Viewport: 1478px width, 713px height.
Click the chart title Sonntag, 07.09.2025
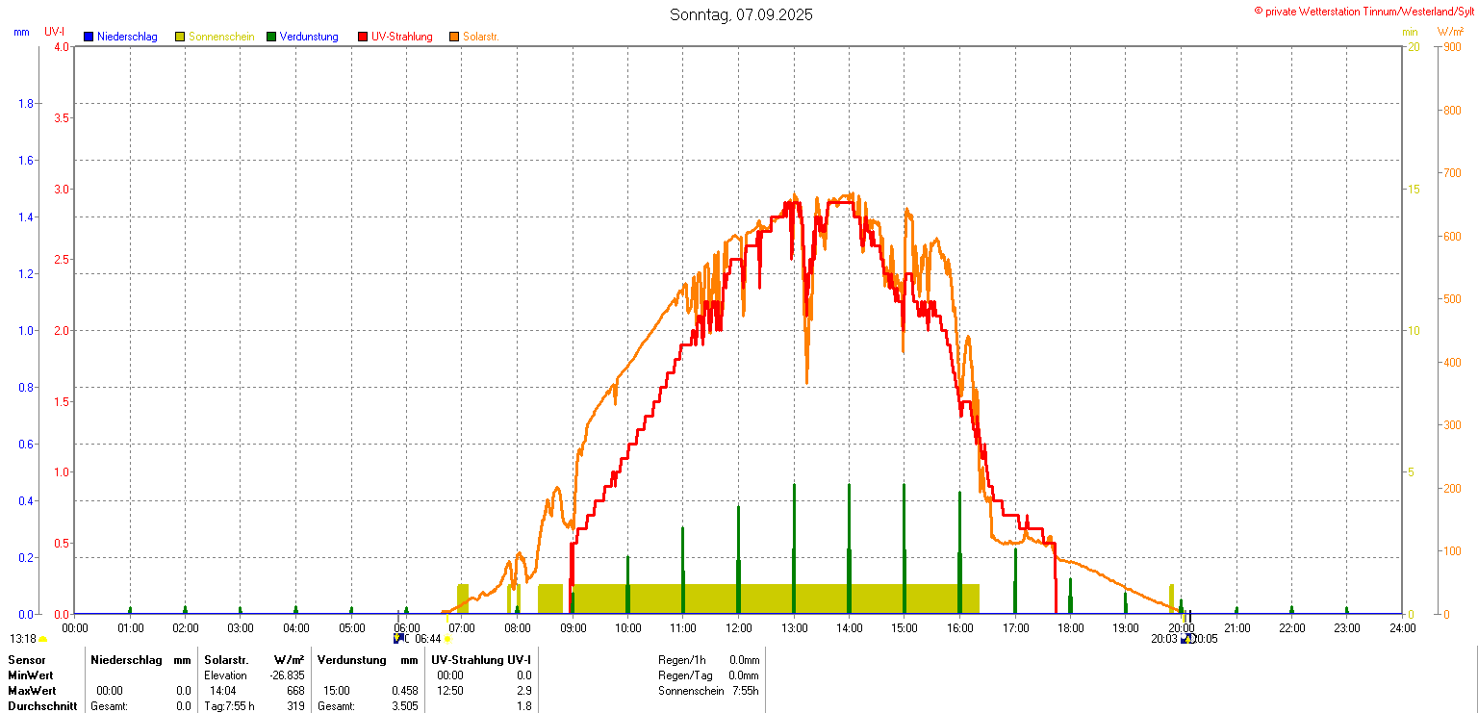[741, 14]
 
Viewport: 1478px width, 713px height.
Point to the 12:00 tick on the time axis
[739, 628]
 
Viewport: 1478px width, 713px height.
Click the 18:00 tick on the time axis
[1071, 628]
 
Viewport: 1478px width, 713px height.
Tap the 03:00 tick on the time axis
[241, 628]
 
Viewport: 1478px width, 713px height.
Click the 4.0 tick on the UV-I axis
[62, 47]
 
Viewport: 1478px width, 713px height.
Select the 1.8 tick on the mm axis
[25, 104]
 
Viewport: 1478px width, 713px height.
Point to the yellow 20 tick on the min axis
[1414, 47]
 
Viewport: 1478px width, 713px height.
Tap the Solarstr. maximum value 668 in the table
[295, 691]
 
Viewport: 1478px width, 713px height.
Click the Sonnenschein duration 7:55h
[746, 691]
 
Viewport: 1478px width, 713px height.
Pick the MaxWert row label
[32, 691]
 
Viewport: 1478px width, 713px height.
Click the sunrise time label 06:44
[428, 639]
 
